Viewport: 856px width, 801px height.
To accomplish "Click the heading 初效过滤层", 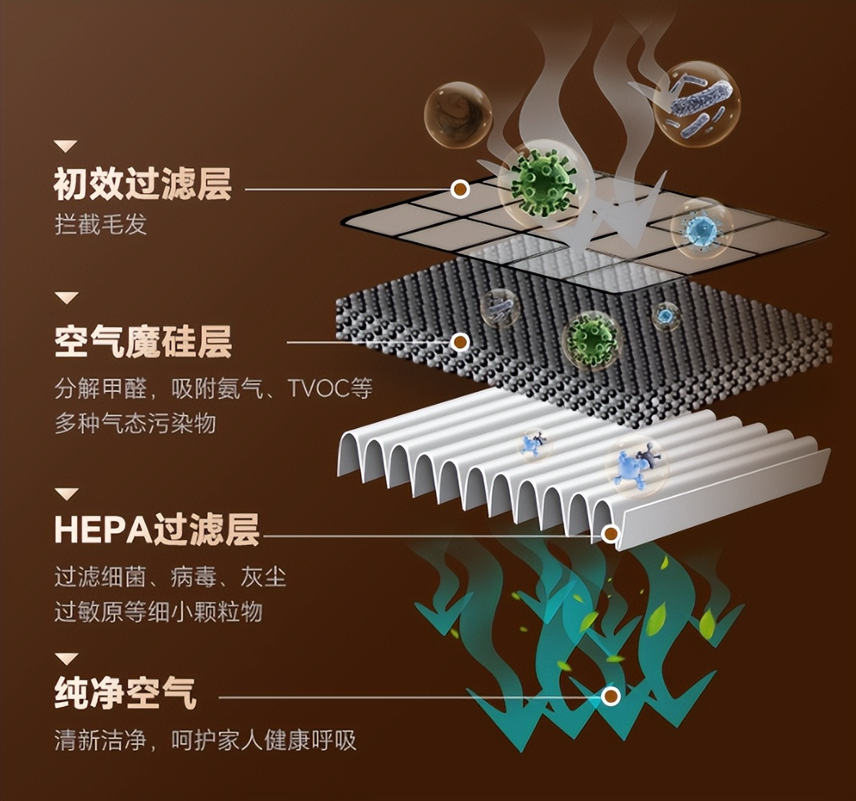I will pos(143,184).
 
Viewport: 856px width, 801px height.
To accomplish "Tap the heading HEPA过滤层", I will pos(156,530).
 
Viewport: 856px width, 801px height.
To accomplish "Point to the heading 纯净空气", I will pos(125,693).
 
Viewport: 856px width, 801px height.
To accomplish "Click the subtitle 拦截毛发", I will pos(101,224).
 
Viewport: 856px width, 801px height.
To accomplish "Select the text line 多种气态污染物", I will pos(135,423).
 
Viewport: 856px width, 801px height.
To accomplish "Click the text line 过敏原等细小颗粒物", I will pos(159,612).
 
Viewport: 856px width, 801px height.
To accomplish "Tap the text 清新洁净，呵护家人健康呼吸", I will pos(205,740).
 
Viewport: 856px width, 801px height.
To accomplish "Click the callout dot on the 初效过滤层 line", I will pos(460,189).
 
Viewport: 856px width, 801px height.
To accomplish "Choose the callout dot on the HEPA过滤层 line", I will pos(610,534).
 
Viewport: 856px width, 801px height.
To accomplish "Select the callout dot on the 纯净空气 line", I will pos(610,696).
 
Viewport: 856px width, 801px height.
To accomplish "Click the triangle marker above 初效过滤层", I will pos(66,146).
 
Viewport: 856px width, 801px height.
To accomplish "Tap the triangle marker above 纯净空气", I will pos(66,658).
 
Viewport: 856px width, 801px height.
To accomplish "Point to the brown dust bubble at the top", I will pos(458,115).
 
